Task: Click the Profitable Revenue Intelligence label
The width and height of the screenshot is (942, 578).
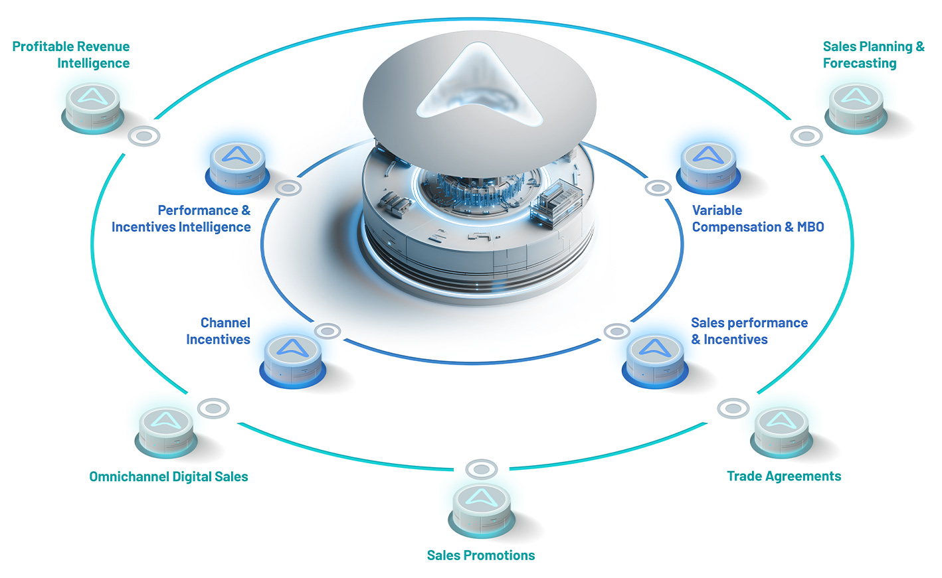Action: (x=70, y=54)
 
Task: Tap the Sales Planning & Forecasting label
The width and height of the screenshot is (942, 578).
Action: (x=874, y=54)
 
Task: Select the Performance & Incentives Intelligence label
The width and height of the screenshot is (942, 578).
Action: (x=181, y=218)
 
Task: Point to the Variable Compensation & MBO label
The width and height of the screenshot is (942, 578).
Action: (x=758, y=218)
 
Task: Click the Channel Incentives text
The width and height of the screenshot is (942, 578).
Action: (x=219, y=331)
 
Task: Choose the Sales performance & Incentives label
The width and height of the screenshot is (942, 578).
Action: (x=749, y=331)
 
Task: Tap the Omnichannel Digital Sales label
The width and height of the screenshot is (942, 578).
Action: (x=169, y=476)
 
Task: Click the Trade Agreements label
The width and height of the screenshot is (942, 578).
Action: (x=784, y=476)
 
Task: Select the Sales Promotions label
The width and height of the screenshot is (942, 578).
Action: (x=481, y=555)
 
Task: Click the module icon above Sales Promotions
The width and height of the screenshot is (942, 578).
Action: (x=482, y=510)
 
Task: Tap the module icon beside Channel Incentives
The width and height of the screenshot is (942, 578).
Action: (x=293, y=361)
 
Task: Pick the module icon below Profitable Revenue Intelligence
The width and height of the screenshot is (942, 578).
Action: (x=92, y=108)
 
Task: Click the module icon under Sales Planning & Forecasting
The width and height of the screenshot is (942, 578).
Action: (x=856, y=108)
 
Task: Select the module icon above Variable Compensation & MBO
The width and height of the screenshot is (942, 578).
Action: (x=708, y=167)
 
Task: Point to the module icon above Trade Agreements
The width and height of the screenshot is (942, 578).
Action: (x=781, y=433)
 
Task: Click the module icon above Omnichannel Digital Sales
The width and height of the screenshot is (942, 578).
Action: (x=166, y=433)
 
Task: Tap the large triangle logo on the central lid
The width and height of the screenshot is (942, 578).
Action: (x=480, y=84)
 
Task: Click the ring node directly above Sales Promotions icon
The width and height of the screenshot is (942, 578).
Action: (x=482, y=469)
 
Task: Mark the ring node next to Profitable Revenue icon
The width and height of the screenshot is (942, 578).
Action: (x=143, y=136)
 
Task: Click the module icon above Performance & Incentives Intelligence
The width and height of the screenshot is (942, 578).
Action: (x=238, y=167)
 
